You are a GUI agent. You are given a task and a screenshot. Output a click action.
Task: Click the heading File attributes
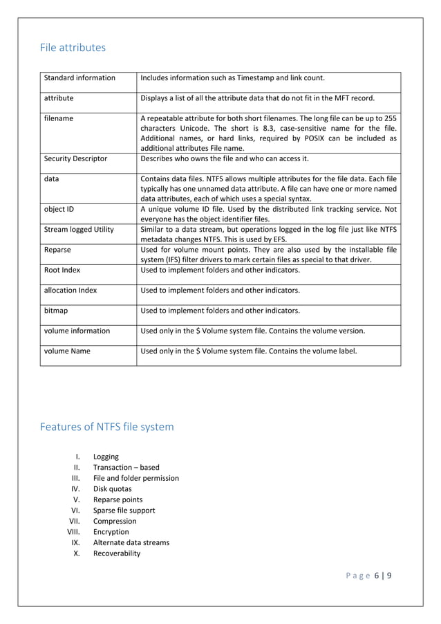coord(73,48)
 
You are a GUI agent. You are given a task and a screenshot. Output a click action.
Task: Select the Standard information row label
coord(79,78)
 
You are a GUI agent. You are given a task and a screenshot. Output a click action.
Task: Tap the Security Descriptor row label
coord(75,158)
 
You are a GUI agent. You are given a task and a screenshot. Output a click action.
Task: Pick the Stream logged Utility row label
coord(79,230)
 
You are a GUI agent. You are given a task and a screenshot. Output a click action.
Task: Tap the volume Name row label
coord(67,351)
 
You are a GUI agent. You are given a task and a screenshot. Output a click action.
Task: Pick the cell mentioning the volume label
coord(249,351)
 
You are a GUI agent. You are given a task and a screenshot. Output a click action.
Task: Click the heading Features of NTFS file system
coord(107,427)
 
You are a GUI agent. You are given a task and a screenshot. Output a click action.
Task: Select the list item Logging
coord(106,457)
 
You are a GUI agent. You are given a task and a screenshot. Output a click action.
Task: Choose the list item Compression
coord(115,521)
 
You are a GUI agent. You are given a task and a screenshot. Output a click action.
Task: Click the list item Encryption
coord(111,532)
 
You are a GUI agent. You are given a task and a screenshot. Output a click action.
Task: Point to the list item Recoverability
coord(116,553)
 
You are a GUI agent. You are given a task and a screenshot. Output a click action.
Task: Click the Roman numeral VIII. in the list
coord(73,532)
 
